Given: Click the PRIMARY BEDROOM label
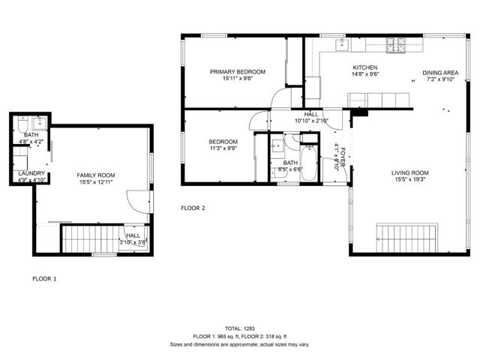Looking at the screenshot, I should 236,72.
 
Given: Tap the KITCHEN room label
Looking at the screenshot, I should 365,67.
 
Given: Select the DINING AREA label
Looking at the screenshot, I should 439,72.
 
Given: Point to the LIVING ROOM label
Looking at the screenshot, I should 409,173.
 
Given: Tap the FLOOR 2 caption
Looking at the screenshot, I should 193,208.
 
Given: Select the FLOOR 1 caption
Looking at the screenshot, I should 43,278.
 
